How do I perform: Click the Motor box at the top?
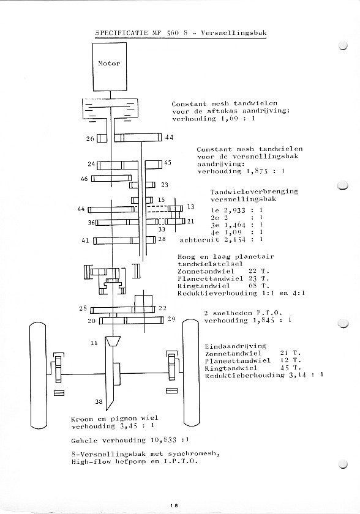click(x=110, y=67)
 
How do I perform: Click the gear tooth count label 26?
click(x=90, y=139)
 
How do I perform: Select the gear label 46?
click(x=84, y=179)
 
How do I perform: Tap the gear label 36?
click(x=91, y=223)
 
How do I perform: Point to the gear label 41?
click(x=85, y=240)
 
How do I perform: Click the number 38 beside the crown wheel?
click(x=99, y=401)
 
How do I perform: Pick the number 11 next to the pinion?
click(x=94, y=343)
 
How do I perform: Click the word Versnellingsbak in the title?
click(x=234, y=33)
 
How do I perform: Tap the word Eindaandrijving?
click(x=236, y=346)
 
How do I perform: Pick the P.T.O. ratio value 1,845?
click(x=264, y=320)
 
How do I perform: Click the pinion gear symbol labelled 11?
click(x=113, y=341)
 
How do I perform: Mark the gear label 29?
click(x=171, y=319)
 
